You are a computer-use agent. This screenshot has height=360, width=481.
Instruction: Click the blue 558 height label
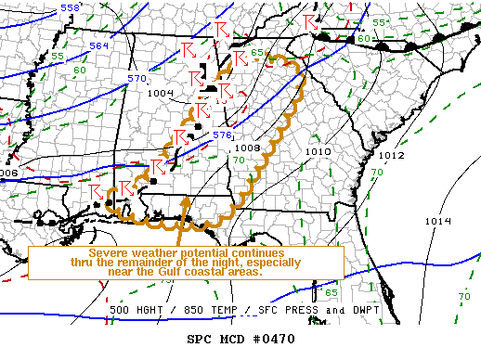coord(70,7)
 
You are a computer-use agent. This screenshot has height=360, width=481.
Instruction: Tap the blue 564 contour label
coord(99,45)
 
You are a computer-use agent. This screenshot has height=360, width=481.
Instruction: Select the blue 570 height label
coord(137,78)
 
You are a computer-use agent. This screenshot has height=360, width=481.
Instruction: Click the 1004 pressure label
coord(160,93)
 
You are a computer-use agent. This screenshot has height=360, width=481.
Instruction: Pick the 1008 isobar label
coord(247,148)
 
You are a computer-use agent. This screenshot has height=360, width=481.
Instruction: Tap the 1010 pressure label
coord(318,150)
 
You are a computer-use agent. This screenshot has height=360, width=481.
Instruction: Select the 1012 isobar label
coord(391,155)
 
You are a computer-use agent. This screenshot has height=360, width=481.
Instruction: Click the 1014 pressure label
coord(436,221)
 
